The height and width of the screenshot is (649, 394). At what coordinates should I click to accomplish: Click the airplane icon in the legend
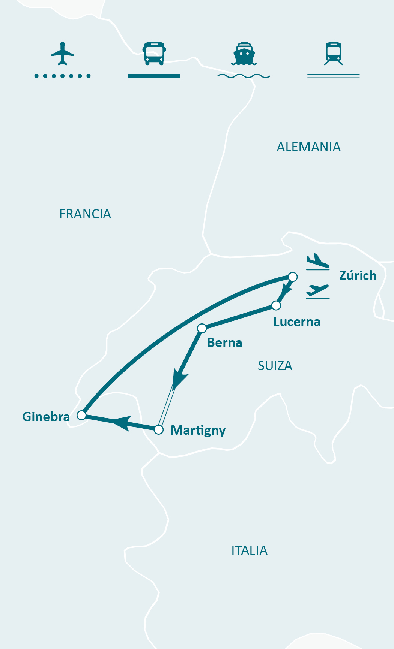tap(62, 53)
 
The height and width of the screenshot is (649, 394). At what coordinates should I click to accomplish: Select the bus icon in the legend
tap(154, 53)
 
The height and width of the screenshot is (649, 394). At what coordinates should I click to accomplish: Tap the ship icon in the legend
tap(244, 54)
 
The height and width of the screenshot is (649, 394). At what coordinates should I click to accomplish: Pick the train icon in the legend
tap(334, 53)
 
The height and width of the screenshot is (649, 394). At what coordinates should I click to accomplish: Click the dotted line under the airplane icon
tap(62, 76)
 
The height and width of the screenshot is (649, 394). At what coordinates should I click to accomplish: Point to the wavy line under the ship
tap(244, 76)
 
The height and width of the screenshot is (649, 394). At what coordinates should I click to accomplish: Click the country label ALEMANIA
tap(308, 147)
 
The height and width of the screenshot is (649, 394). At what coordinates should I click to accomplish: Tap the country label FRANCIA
tap(85, 214)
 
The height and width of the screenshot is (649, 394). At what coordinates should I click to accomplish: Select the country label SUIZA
tap(275, 366)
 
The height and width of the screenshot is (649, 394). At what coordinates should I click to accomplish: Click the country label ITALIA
tap(249, 550)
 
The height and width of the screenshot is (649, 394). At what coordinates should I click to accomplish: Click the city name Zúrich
tap(358, 275)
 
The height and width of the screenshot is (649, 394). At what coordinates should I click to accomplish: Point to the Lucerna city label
tap(297, 322)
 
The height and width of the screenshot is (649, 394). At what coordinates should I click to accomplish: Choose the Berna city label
tap(224, 342)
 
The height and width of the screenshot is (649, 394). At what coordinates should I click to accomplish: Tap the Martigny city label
tap(198, 430)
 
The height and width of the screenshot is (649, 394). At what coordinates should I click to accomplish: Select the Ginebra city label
tap(46, 417)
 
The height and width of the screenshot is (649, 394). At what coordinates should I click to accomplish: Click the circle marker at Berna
tap(202, 329)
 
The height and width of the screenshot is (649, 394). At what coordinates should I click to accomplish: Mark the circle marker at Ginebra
tap(81, 415)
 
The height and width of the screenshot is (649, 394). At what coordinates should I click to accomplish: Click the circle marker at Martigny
tap(159, 429)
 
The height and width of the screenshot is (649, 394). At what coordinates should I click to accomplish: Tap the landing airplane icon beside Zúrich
tap(317, 261)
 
